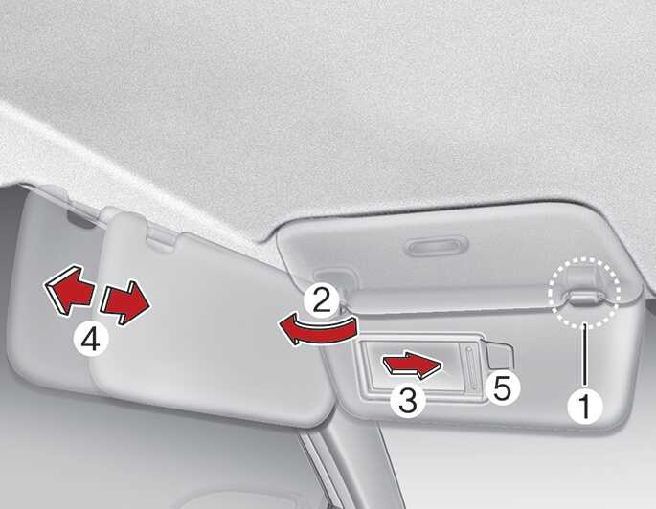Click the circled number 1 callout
pyautogui.click(x=585, y=406)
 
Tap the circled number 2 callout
pyautogui.click(x=322, y=299)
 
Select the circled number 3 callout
pyautogui.click(x=408, y=400)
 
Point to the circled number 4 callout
pyautogui.click(x=90, y=340)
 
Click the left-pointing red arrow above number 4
pyautogui.click(x=69, y=290)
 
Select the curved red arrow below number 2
pyautogui.click(x=318, y=330)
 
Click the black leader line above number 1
pyautogui.click(x=584, y=354)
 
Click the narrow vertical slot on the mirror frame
pyautogui.click(x=469, y=367)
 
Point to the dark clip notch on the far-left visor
pyautogui.click(x=80, y=220)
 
